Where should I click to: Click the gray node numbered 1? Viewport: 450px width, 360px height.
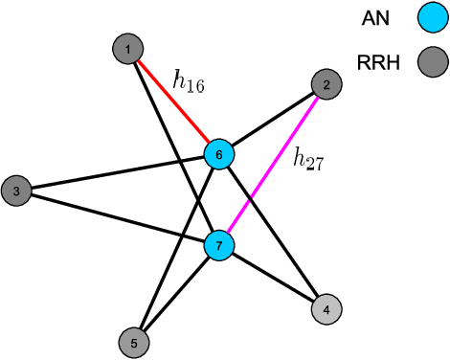[128, 48]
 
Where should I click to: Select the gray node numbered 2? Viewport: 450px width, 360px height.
[327, 86]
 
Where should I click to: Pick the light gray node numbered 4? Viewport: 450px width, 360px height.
[326, 309]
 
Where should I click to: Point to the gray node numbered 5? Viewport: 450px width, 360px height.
[134, 341]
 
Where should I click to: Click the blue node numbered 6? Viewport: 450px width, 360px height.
[219, 154]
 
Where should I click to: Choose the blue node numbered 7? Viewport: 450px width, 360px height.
[219, 247]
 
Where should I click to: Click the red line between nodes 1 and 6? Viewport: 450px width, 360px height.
[172, 100]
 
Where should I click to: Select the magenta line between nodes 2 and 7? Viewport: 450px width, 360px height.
[274, 167]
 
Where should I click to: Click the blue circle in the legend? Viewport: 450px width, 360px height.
[433, 17]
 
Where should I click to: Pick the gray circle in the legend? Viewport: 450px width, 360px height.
[433, 63]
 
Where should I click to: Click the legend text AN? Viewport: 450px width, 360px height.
[375, 17]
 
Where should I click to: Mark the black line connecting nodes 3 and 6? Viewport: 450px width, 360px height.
[115, 173]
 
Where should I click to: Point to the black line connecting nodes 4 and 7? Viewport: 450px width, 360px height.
[274, 279]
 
